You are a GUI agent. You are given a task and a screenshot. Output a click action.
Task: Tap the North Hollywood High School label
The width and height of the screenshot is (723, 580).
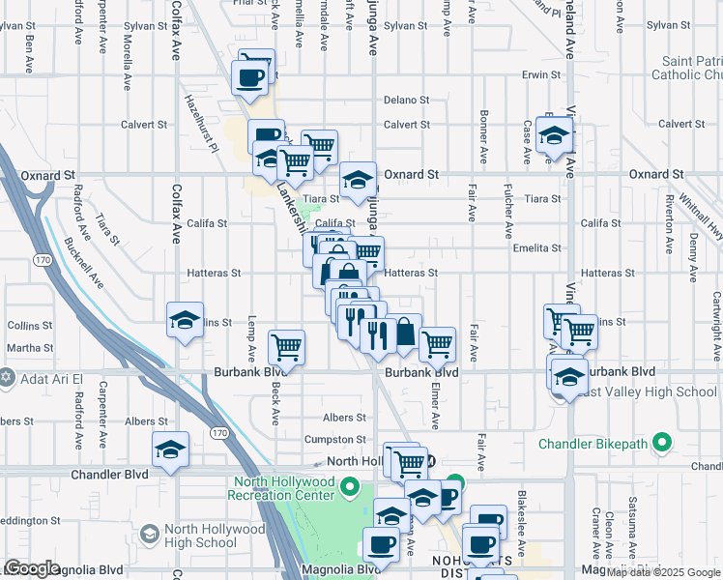[215, 536]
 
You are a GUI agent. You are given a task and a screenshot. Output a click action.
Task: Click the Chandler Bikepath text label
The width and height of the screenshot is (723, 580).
[592, 444]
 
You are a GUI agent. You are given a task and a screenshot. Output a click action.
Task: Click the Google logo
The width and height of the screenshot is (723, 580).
[32, 568]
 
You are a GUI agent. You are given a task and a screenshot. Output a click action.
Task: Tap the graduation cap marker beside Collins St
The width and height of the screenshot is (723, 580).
[185, 322]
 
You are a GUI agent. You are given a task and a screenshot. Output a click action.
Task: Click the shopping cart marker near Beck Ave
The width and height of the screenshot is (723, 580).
[287, 347]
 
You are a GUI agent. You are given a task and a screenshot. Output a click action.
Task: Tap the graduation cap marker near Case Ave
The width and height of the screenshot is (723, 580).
[555, 135]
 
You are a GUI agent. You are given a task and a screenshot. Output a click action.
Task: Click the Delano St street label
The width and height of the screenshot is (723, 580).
[406, 101]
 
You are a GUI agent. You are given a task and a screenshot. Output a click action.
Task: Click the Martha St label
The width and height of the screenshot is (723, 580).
[30, 348]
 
